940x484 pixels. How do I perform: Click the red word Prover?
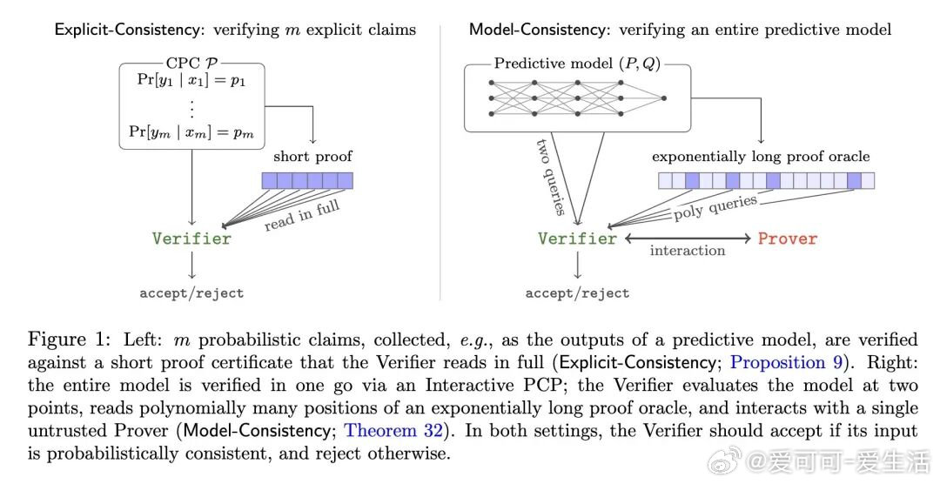coord(787,239)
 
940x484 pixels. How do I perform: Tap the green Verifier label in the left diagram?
coord(191,239)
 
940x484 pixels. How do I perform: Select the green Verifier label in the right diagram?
coord(577,239)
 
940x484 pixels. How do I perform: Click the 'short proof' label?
coord(313,157)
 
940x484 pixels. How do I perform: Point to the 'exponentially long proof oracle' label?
coord(761,157)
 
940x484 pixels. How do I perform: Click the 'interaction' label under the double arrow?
coord(688,251)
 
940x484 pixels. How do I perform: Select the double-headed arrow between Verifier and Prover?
coord(688,239)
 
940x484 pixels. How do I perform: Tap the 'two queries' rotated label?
coord(550,177)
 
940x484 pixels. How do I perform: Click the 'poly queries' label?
coord(715,207)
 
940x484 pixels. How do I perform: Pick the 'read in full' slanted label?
coord(301,215)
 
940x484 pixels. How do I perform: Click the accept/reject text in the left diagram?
coord(191,293)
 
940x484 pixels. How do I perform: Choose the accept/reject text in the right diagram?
coord(577,293)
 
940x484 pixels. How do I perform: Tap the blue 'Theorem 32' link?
coord(393,431)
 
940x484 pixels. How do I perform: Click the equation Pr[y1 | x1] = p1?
coord(191,80)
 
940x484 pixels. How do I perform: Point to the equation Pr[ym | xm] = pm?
coord(191,132)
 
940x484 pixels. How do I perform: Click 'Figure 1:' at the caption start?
coord(70,340)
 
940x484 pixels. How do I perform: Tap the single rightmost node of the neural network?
coord(663,97)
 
